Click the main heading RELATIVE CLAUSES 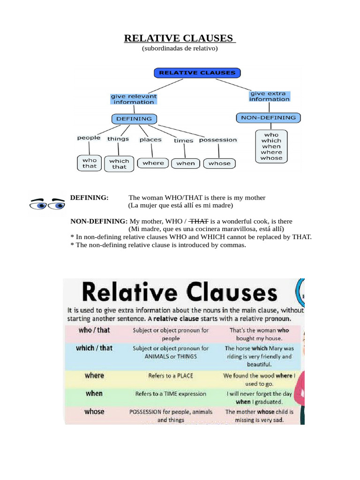180,38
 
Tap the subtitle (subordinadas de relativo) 180,48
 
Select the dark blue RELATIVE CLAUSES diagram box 197,73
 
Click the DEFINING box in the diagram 134,119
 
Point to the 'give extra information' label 270,96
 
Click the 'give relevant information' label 134,99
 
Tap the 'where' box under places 153,163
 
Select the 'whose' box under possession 219,163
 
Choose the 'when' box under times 186,163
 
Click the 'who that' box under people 89,163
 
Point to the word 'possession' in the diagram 218,140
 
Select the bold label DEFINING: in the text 89,198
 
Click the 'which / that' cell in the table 94,348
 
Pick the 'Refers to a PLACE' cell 171,375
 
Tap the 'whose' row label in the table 94,412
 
